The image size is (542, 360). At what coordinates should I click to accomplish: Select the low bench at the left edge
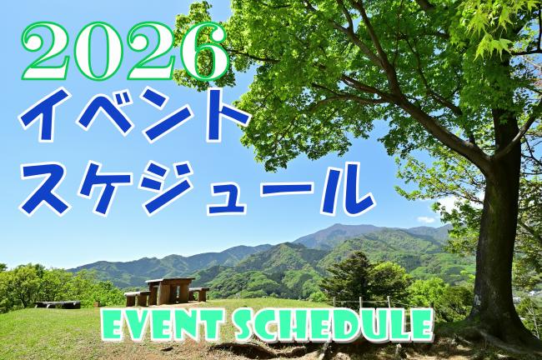(x=58, y=303)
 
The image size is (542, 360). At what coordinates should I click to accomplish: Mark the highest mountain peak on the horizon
(x=342, y=226)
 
